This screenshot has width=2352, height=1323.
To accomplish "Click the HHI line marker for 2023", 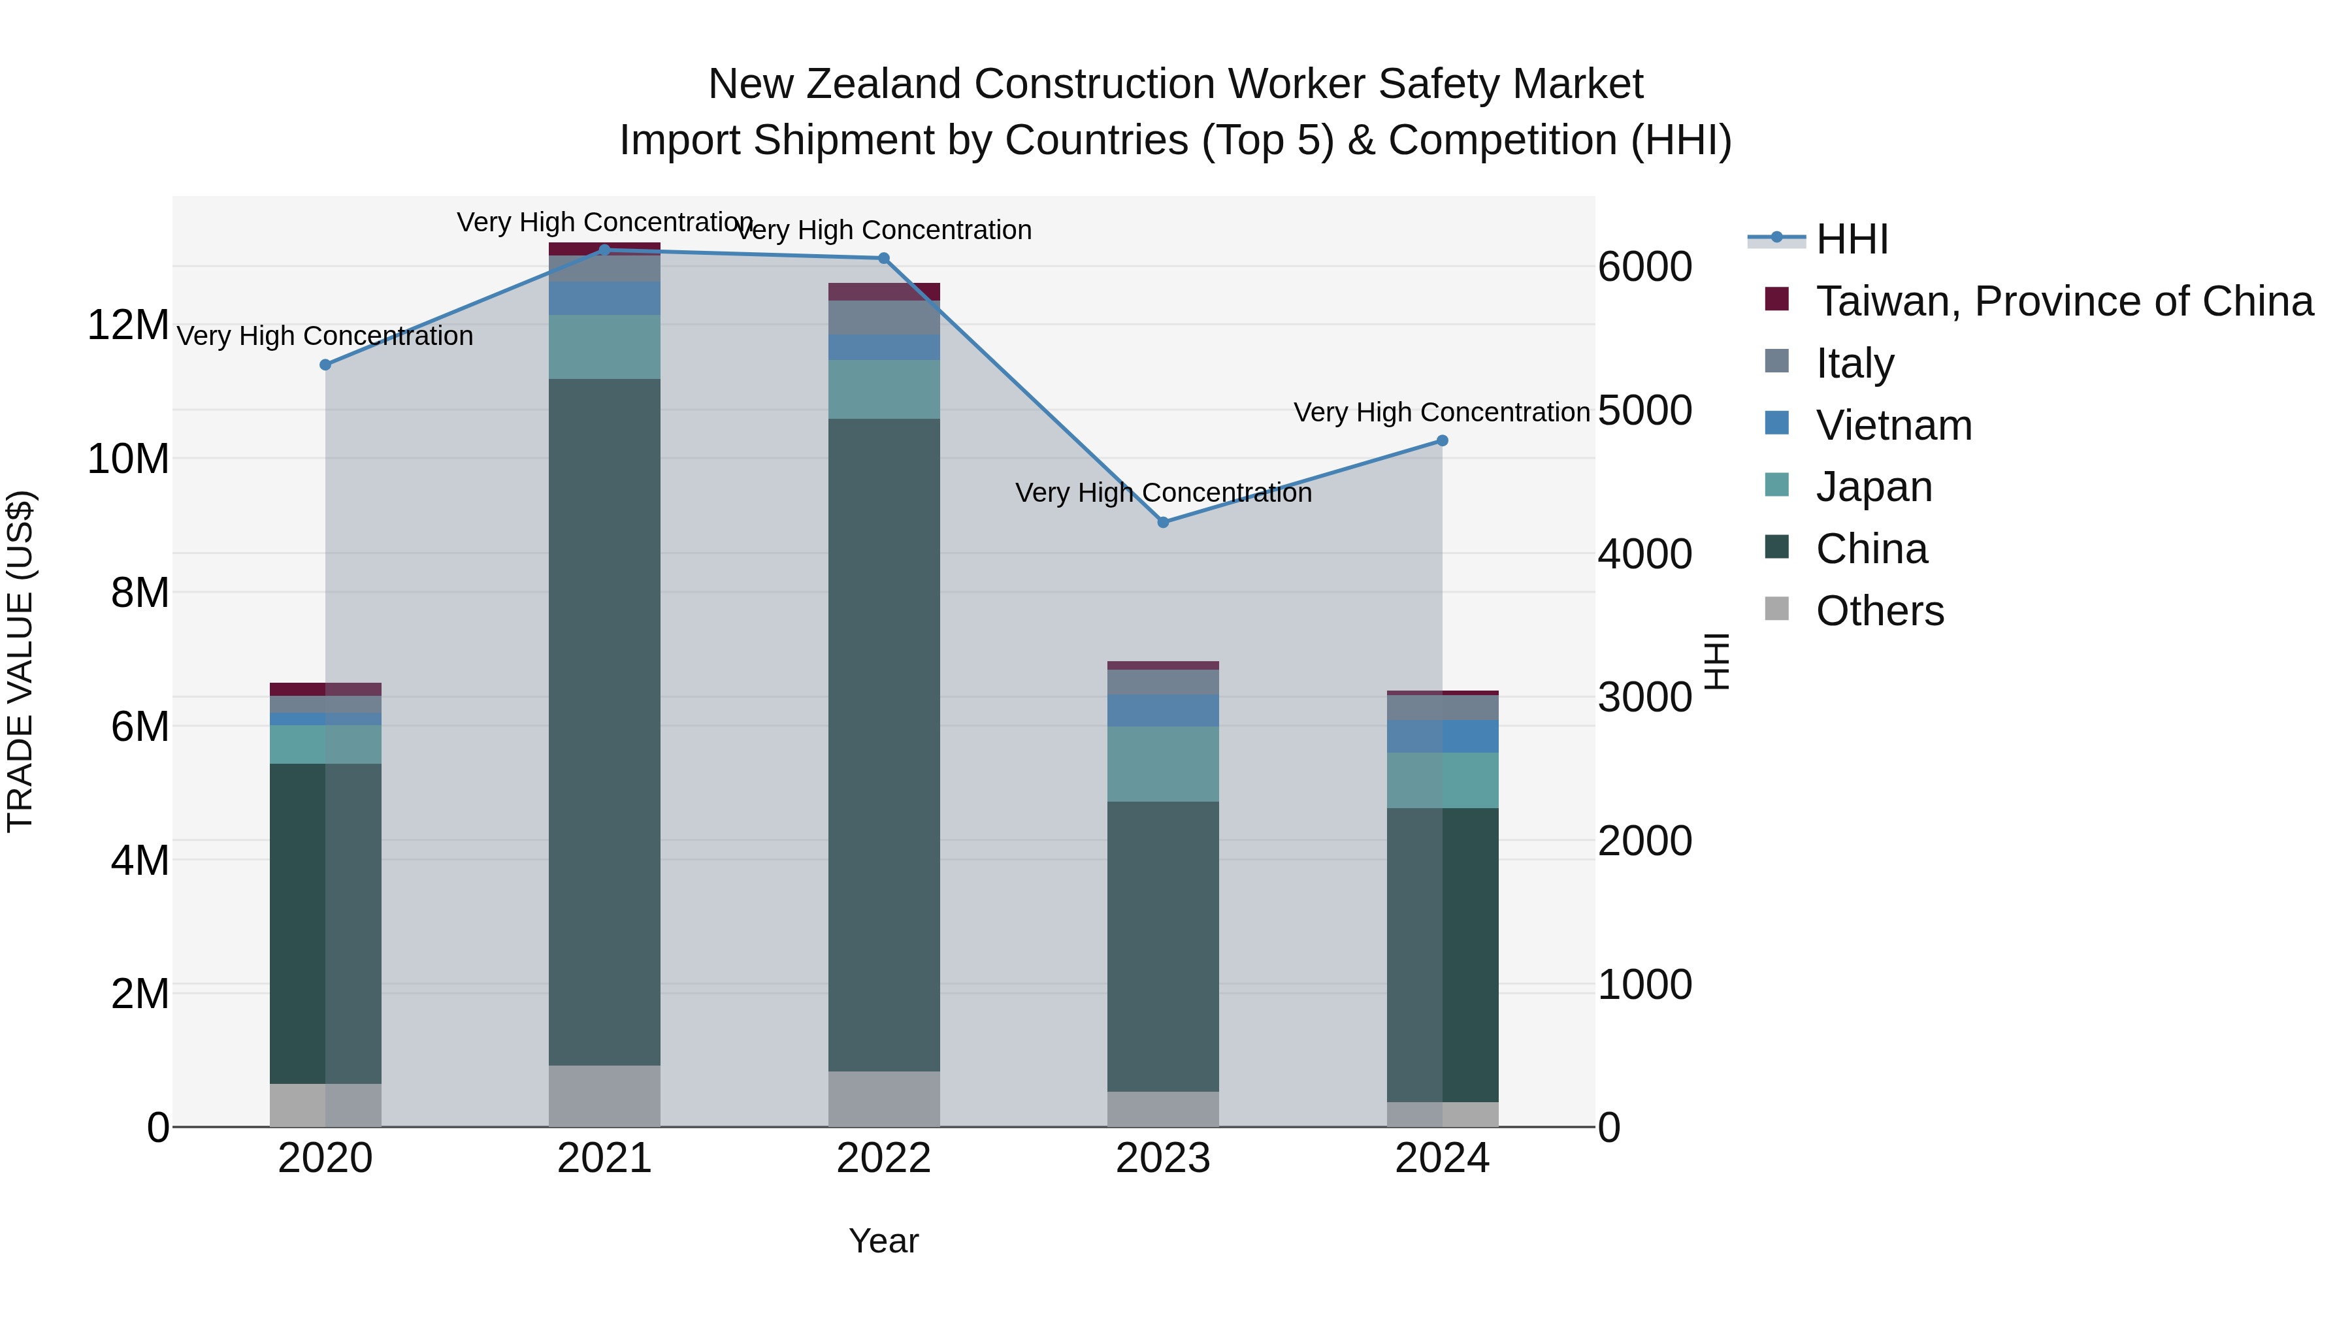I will (x=1162, y=522).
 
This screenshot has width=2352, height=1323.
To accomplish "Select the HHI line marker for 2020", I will (x=325, y=365).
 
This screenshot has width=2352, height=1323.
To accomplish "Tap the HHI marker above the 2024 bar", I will (x=1442, y=440).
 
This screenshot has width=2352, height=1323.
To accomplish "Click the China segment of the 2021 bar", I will (x=604, y=721).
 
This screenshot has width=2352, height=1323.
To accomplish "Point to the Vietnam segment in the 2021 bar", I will (x=604, y=298).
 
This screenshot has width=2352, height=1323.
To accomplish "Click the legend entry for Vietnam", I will (x=1893, y=425).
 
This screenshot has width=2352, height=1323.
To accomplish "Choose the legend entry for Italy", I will (x=1854, y=363).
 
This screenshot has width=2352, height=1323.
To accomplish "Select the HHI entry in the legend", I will (x=1851, y=239).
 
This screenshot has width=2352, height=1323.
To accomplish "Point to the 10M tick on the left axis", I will (x=128, y=459).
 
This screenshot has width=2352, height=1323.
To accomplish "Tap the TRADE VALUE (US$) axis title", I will (x=20, y=661).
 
